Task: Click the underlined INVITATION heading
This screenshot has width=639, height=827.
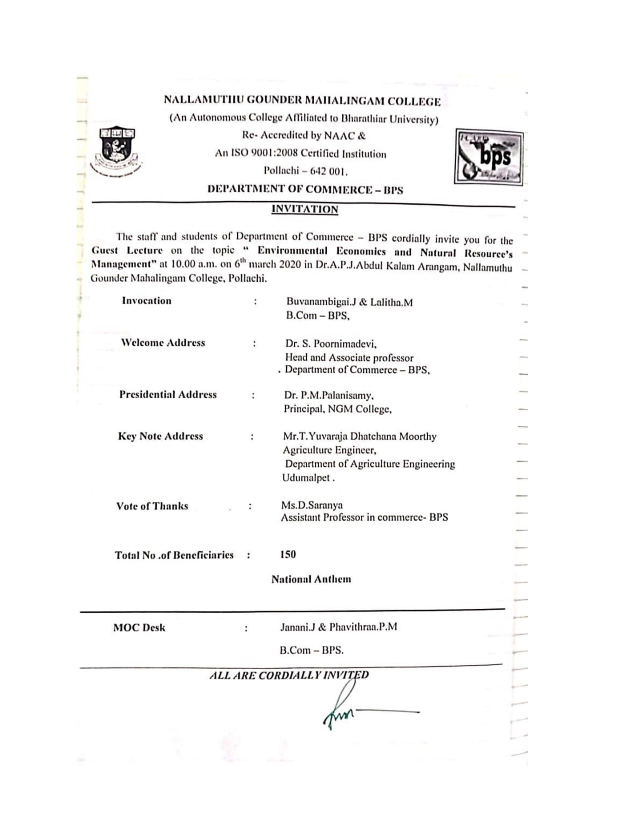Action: tap(305, 209)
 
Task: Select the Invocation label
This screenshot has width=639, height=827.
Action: tap(147, 301)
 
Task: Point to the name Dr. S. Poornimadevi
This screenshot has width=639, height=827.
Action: tap(331, 344)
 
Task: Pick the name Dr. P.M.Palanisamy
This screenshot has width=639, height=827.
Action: tap(329, 396)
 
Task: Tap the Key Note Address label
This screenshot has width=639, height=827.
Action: tap(160, 436)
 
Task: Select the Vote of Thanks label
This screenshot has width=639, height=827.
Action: tap(152, 506)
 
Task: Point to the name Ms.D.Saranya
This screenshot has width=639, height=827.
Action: tap(312, 505)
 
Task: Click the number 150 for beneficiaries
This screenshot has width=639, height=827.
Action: tap(288, 555)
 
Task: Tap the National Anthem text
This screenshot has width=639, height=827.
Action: tap(311, 579)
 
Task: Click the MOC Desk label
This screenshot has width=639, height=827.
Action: tap(139, 628)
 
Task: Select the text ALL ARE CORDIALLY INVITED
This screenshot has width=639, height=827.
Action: tap(288, 675)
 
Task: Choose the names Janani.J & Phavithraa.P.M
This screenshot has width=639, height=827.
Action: tap(338, 627)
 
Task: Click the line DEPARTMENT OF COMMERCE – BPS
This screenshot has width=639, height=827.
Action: tap(305, 189)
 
